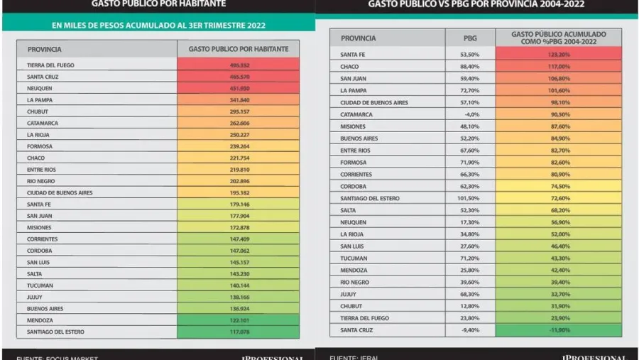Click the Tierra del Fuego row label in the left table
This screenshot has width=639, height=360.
coord(51,65)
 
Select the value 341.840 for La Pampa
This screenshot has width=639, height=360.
coord(238,100)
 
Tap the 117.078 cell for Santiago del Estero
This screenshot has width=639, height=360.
coord(238,332)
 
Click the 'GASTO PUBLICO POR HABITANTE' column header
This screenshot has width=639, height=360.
coord(238,50)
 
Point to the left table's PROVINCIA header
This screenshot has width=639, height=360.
coord(44,50)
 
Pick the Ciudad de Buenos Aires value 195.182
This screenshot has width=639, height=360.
coord(238,192)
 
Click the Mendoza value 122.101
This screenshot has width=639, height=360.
coord(238,320)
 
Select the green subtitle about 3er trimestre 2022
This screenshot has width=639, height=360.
coord(158,26)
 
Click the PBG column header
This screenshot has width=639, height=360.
coord(469,38)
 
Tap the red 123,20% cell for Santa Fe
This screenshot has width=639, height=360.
coord(558,54)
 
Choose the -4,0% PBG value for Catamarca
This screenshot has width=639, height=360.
coord(469,114)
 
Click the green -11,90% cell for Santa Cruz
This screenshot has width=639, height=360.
coord(558,330)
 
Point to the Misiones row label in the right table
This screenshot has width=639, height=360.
coord(354,126)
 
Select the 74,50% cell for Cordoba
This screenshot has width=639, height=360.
coord(558,185)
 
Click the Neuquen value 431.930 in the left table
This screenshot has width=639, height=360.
coord(238,88)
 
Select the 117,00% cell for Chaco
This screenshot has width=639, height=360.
coord(558,66)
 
